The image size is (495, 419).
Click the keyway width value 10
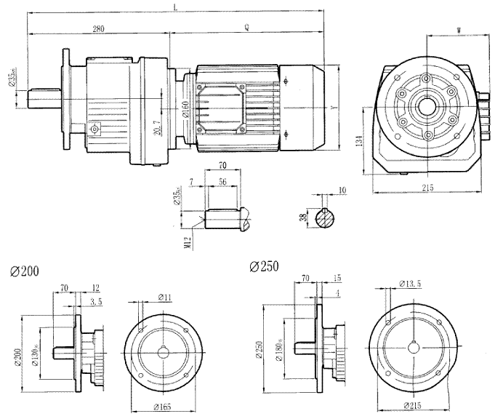click(x=342, y=191)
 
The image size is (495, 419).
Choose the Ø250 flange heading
click(x=264, y=266)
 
